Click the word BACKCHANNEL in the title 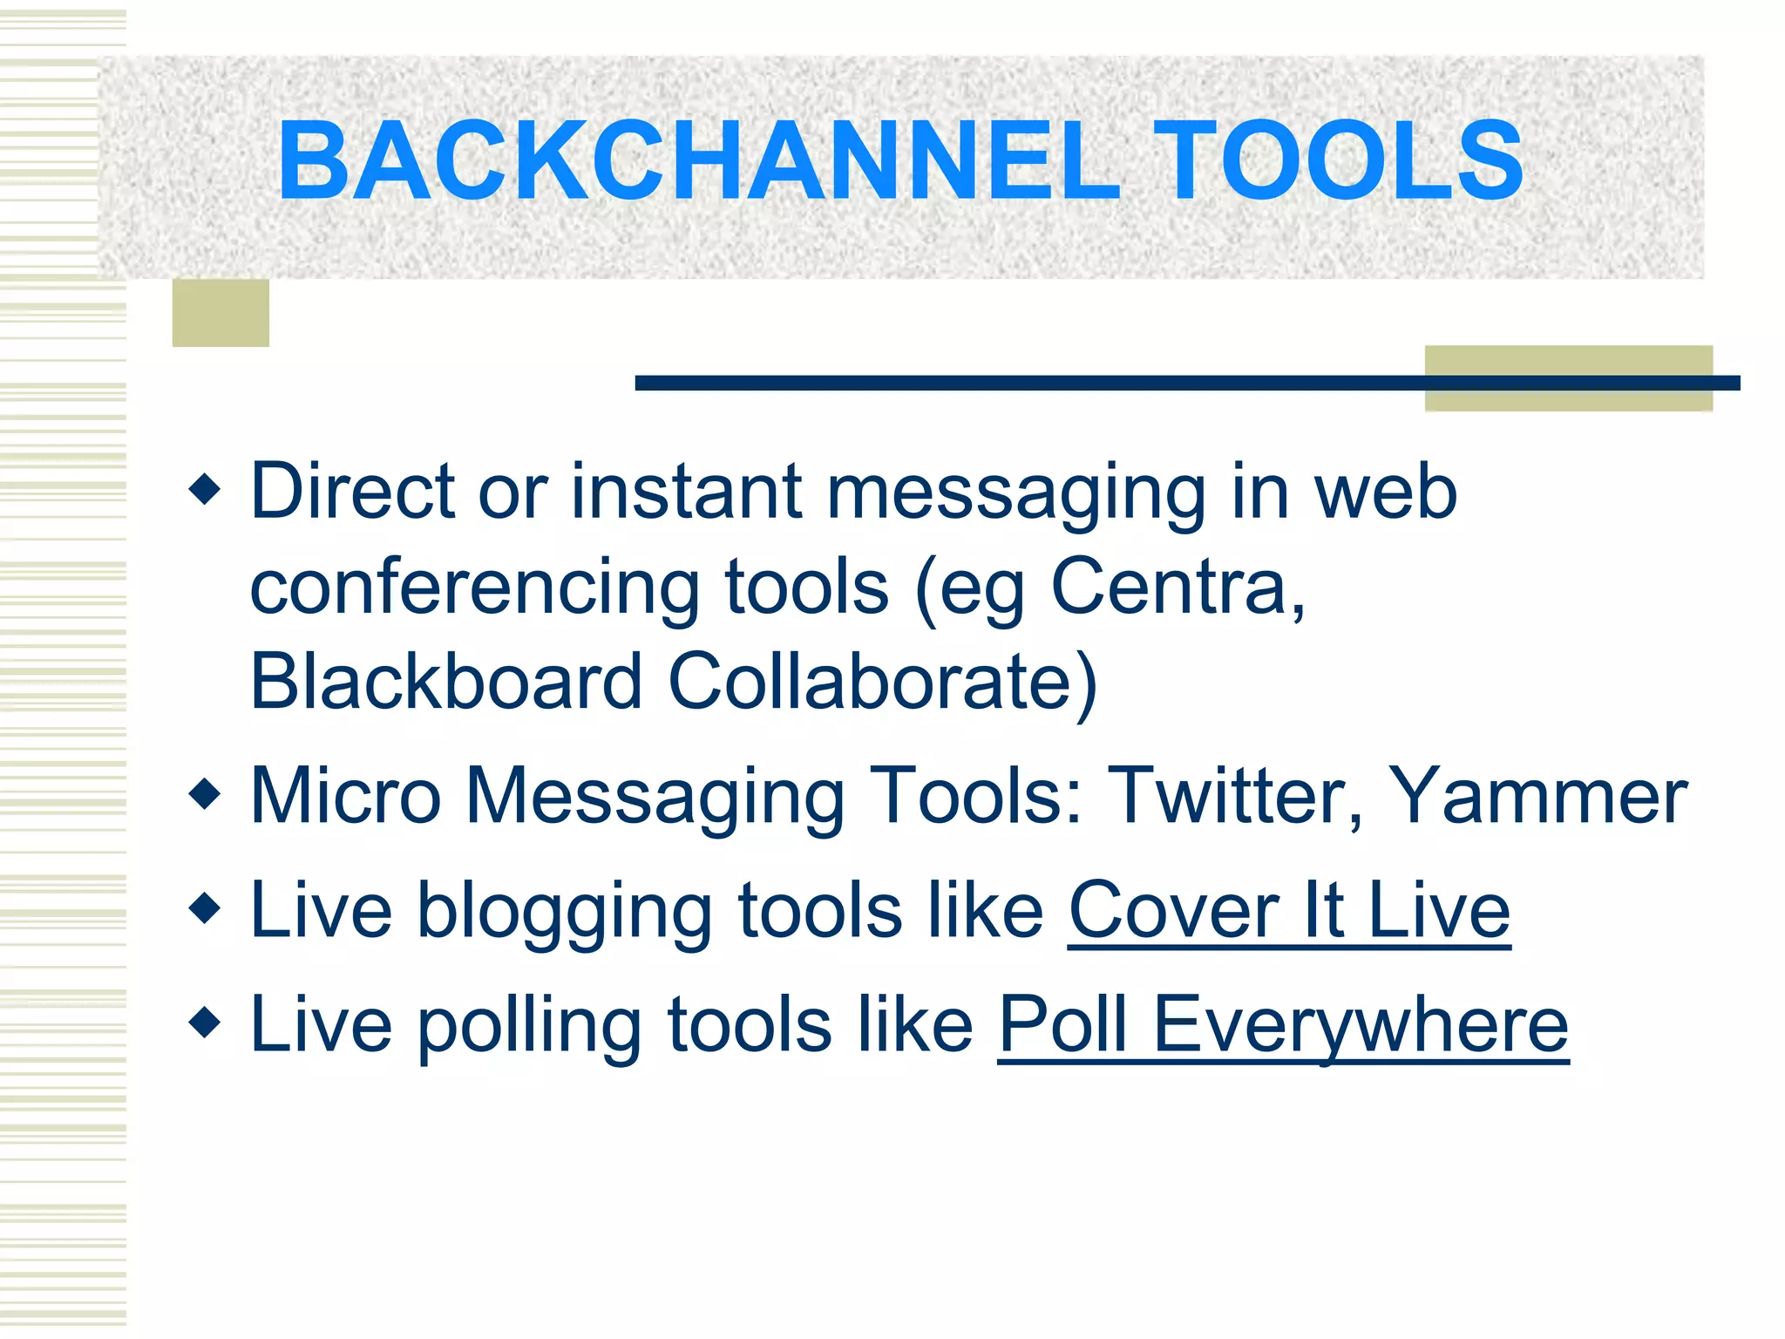697,162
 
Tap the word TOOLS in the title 1339,162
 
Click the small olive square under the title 221,313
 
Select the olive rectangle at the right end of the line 1568,378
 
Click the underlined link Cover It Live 1288,911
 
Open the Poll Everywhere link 1282,1025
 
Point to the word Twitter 1234,795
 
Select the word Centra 1177,587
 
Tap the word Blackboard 445,682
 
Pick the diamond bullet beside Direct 205,489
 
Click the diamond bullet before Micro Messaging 205,794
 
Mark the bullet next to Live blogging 205,907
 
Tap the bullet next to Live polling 205,1022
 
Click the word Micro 345,795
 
